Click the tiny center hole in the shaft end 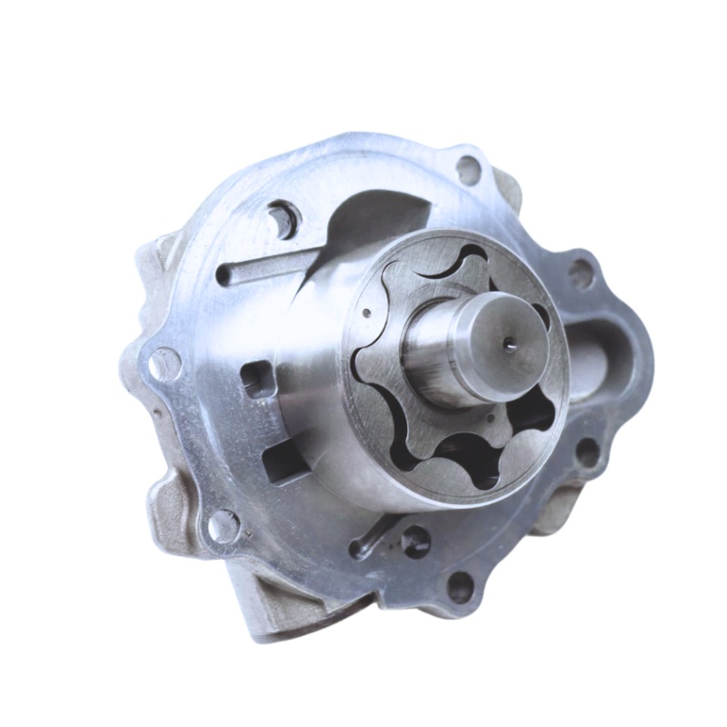[510, 344]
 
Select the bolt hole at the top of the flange [468, 169]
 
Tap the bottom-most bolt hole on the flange [461, 586]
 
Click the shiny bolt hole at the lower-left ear [223, 526]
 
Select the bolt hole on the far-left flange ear [164, 364]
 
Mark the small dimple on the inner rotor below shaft [492, 420]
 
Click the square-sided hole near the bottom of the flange [414, 541]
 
